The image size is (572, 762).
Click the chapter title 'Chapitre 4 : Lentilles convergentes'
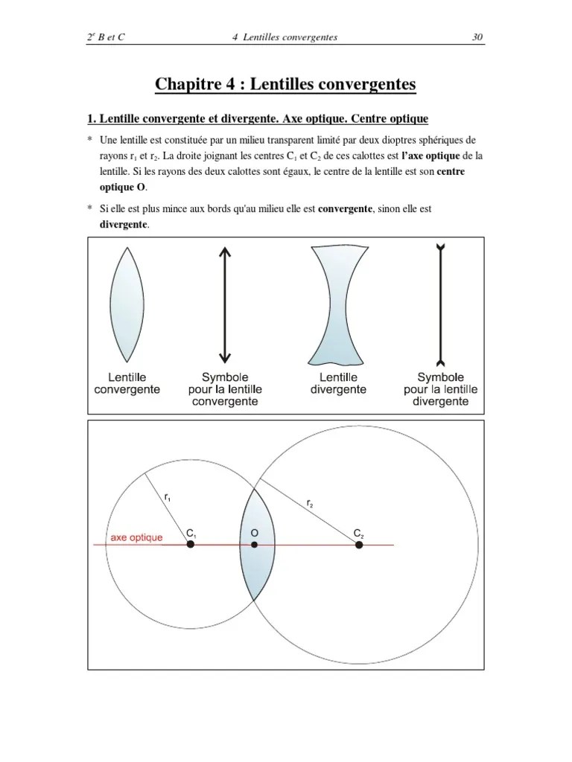[285, 84]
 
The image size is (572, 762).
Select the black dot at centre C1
[191, 545]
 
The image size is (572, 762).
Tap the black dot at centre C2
[359, 545]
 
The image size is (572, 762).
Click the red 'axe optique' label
[136, 537]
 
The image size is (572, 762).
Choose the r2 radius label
[310, 503]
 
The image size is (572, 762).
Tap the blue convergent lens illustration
[127, 304]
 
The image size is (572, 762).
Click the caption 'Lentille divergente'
[338, 383]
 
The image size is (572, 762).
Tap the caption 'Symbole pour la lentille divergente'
[441, 389]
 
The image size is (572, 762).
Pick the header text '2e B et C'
[106, 36]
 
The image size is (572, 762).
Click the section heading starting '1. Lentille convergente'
[258, 119]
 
